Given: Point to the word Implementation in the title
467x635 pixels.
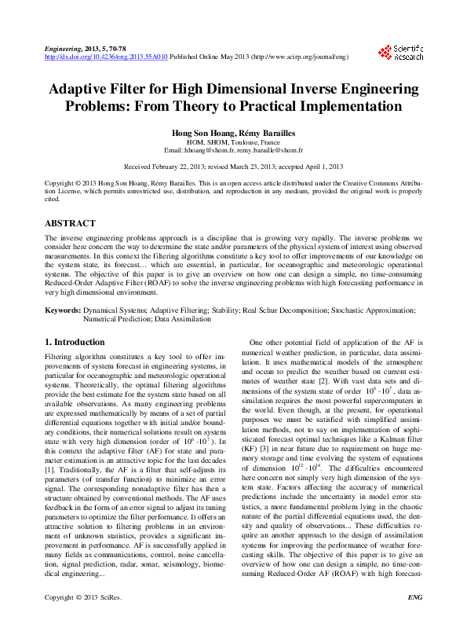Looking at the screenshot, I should point(356,106).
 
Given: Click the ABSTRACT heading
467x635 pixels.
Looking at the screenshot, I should point(71,222).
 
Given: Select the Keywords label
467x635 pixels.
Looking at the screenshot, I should point(62,310).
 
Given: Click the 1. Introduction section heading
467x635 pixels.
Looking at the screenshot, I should point(75,342).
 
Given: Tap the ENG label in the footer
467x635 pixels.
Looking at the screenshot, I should point(415,619).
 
